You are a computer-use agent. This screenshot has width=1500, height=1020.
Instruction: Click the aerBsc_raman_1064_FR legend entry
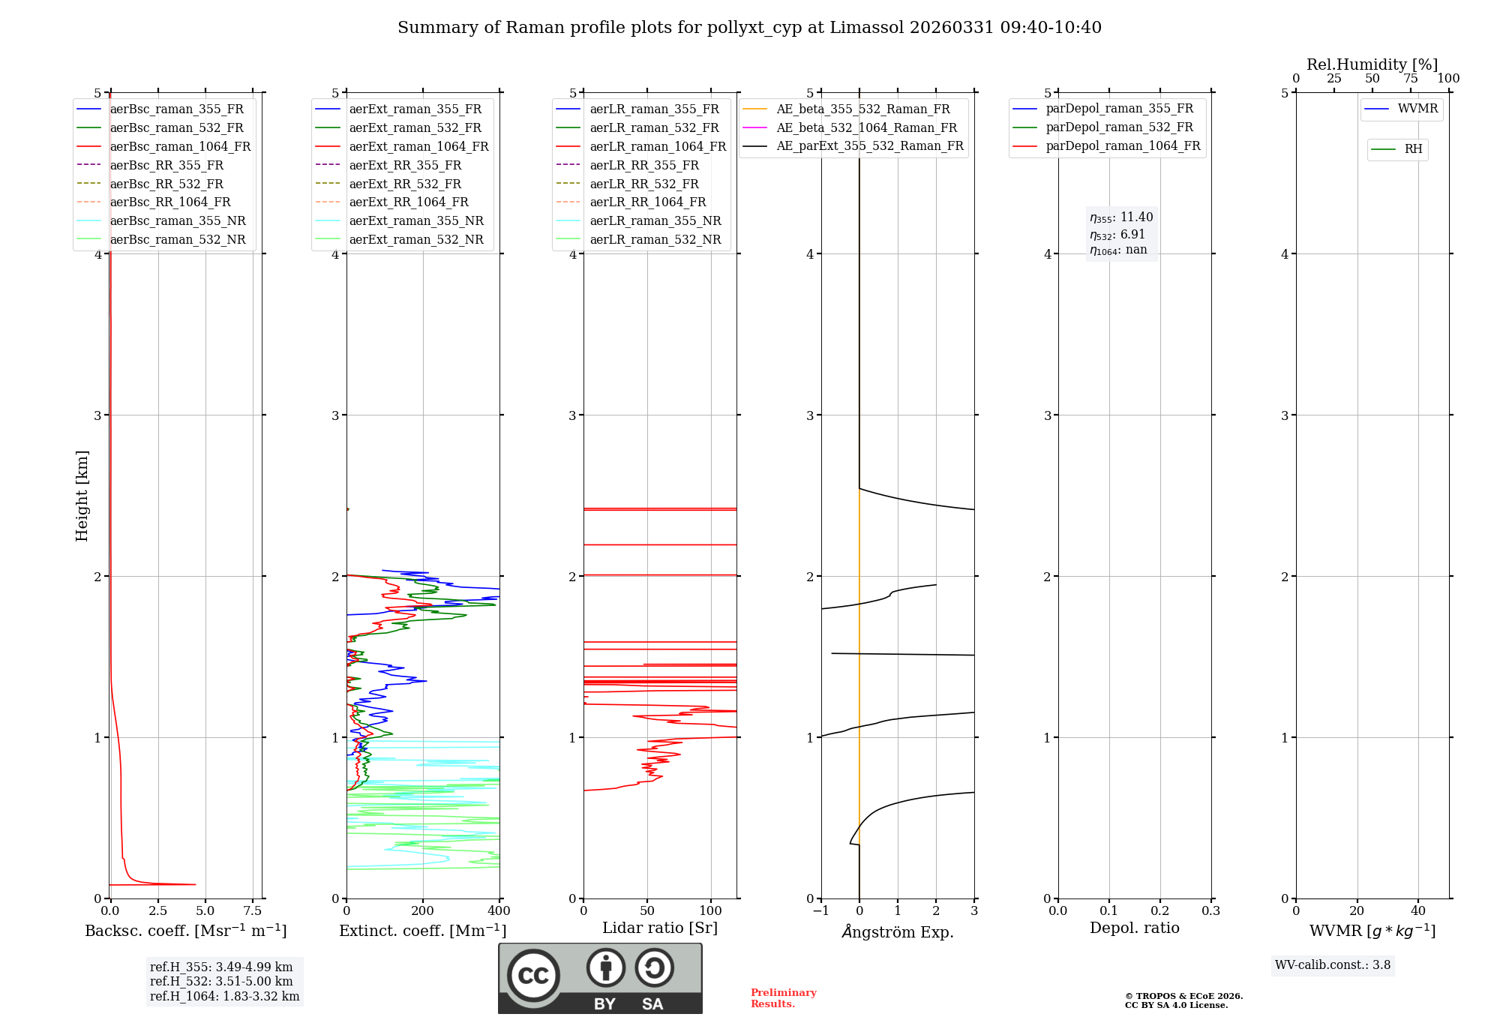(180, 147)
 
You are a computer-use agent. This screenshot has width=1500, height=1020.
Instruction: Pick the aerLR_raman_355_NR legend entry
(655, 221)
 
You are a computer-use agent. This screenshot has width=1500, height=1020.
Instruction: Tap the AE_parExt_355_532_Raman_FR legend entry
(869, 146)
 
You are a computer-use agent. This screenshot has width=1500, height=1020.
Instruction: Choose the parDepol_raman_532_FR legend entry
(1119, 127)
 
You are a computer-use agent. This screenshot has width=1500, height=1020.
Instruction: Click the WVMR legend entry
(1417, 109)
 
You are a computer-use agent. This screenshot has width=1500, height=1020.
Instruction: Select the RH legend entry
(1413, 149)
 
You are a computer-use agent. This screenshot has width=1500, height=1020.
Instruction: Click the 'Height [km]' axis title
(82, 496)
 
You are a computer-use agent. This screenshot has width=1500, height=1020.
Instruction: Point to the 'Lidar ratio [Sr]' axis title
(660, 928)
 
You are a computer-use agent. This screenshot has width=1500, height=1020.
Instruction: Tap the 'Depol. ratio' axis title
(1134, 928)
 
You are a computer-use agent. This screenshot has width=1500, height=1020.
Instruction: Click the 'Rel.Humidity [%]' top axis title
(1372, 64)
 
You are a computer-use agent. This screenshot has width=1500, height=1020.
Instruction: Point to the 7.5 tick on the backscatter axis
(253, 911)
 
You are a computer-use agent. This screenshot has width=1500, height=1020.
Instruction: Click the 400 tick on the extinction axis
(499, 911)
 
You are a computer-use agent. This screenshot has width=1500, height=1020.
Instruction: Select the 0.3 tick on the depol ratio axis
(1210, 911)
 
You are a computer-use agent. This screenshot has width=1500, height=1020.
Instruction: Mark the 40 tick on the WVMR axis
(1417, 911)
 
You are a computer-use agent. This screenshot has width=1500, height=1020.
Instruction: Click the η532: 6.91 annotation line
(1117, 235)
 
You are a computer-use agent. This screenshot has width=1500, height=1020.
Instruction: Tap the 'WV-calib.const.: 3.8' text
(1333, 965)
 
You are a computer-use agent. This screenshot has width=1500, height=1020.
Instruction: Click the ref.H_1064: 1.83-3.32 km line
(224, 997)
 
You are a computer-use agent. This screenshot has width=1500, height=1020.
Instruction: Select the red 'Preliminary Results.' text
(783, 998)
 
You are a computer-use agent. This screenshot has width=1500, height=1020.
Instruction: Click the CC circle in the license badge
(533, 976)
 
